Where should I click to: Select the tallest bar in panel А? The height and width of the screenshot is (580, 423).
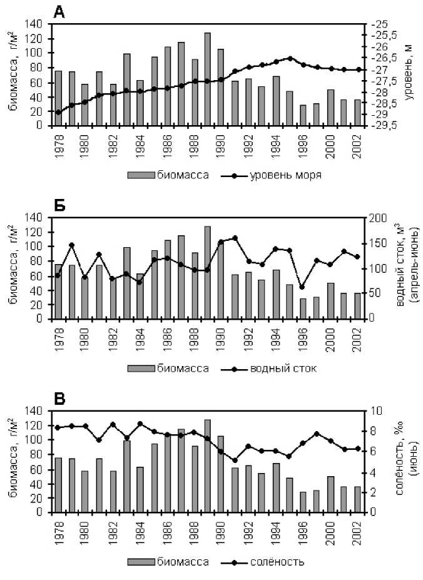208,79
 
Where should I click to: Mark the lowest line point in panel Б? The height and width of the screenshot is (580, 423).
302,287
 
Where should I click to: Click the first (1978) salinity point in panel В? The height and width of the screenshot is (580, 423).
58,427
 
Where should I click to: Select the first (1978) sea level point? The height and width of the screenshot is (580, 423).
58,113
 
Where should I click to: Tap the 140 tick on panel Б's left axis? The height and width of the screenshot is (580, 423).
36,217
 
